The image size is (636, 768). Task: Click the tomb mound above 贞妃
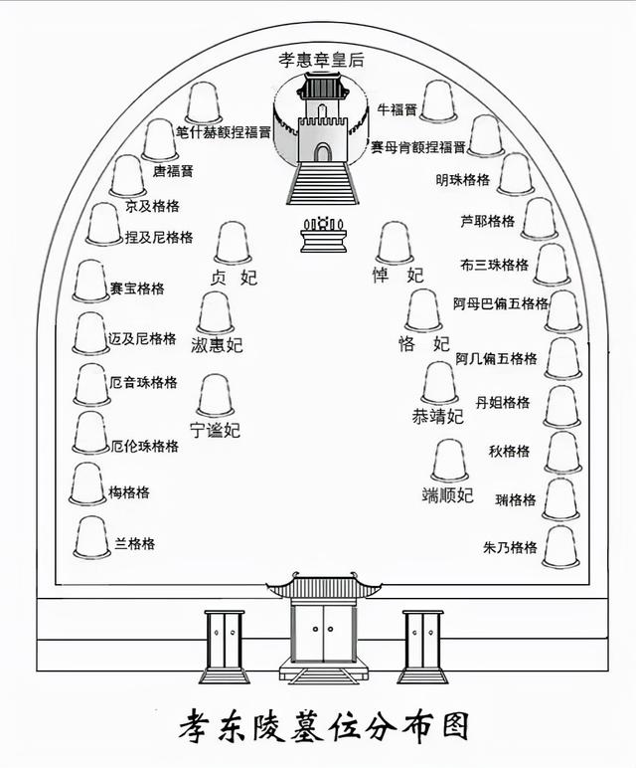(234, 243)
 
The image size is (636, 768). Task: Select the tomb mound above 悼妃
(395, 243)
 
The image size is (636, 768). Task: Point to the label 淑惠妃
(217, 346)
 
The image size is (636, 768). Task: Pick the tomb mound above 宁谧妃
(216, 396)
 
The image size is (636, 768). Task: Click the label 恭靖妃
(437, 417)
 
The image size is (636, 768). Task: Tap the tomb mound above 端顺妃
(450, 461)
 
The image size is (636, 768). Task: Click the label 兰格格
(134, 544)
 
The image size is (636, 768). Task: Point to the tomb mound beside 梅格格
(87, 483)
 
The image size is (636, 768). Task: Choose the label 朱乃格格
(510, 547)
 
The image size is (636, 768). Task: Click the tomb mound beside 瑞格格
(560, 498)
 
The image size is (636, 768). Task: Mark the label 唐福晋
(173, 171)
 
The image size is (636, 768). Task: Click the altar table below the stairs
(322, 237)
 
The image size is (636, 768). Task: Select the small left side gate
(225, 644)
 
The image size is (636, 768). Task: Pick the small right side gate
(422, 644)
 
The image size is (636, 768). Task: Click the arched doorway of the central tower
(322, 152)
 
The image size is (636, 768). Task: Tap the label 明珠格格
(463, 180)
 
